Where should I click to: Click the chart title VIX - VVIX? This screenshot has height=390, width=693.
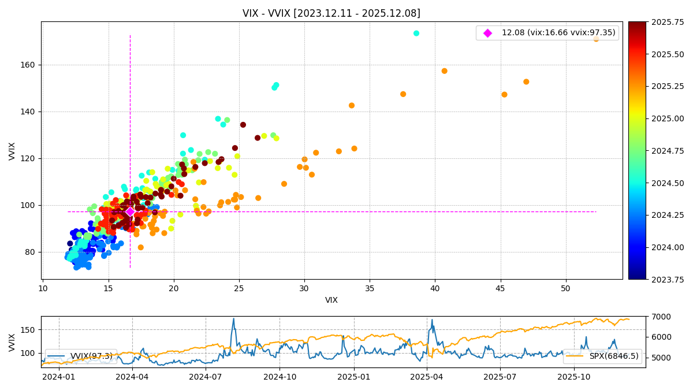331,13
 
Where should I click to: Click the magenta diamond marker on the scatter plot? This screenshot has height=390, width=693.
130,211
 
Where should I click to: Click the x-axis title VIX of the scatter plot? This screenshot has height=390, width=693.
331,300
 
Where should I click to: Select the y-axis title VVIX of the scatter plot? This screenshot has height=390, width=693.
12,151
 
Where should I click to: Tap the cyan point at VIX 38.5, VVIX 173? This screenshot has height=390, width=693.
416,34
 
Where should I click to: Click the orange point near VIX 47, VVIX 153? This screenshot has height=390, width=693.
526,82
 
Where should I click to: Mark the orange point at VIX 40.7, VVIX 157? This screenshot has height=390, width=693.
444,71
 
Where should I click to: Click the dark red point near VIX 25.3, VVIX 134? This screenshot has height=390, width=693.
243,125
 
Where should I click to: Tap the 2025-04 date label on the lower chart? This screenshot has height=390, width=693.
427,377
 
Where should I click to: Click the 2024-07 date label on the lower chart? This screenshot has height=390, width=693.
206,377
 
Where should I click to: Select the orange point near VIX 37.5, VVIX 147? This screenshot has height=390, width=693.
403,94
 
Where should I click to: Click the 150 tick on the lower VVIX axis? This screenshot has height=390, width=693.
29,330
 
